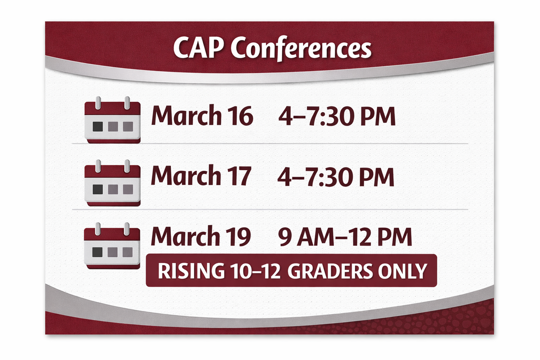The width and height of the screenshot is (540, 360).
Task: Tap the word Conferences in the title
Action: coord(301,48)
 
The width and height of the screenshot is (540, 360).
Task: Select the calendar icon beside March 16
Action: coord(112,120)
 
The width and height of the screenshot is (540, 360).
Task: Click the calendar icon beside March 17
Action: coord(112,183)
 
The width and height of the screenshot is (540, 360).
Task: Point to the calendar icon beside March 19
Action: coord(112,246)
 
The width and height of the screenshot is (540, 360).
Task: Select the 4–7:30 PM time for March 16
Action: coord(337,116)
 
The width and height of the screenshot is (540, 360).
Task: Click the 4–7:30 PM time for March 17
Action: coord(336,177)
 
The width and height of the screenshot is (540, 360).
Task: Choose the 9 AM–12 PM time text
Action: coord(345,237)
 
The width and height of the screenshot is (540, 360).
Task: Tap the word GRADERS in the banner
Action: coord(330,271)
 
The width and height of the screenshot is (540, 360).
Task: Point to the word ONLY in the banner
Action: coord(402,271)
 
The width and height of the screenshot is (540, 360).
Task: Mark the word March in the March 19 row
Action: coord(185,236)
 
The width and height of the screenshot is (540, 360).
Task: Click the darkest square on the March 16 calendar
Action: coord(98,127)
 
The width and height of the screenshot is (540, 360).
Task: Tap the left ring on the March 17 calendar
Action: coord(98,166)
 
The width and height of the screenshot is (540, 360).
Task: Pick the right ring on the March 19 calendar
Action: coord(127,229)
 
